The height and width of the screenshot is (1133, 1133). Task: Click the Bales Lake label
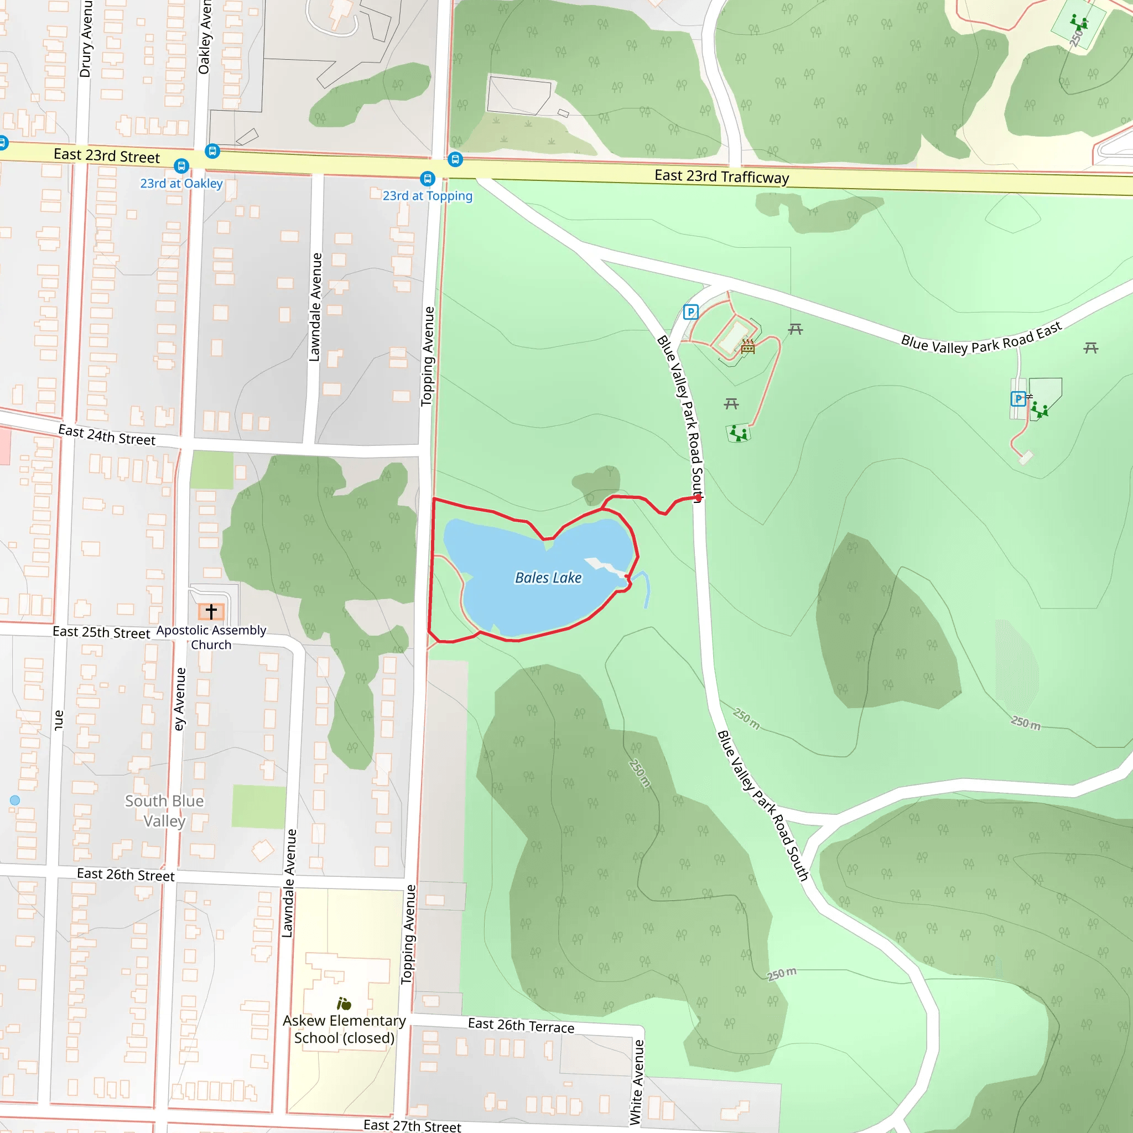tap(548, 578)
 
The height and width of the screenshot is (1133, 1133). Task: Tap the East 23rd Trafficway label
tap(721, 176)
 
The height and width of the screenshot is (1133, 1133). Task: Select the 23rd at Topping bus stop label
tap(427, 196)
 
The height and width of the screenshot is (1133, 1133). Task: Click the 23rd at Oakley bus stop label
tap(181, 184)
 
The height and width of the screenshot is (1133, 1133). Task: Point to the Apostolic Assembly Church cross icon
tap(211, 611)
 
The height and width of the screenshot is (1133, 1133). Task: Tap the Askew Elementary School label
tap(344, 1028)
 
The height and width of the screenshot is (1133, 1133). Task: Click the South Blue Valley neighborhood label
tap(164, 810)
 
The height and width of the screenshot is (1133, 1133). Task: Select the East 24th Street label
tap(107, 435)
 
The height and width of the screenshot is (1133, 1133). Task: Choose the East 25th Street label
tap(101, 632)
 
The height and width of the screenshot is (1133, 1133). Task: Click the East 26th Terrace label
tap(521, 1025)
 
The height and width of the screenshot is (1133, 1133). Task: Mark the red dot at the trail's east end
tap(698, 498)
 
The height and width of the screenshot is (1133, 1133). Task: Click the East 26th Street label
tap(126, 875)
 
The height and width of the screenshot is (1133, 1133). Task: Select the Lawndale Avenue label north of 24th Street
tap(315, 306)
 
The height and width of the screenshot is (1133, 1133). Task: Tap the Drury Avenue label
tap(86, 39)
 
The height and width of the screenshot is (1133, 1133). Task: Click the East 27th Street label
tap(412, 1125)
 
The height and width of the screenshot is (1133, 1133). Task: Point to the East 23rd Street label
tap(106, 155)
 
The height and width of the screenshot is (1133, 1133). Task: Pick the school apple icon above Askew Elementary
tap(344, 1004)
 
